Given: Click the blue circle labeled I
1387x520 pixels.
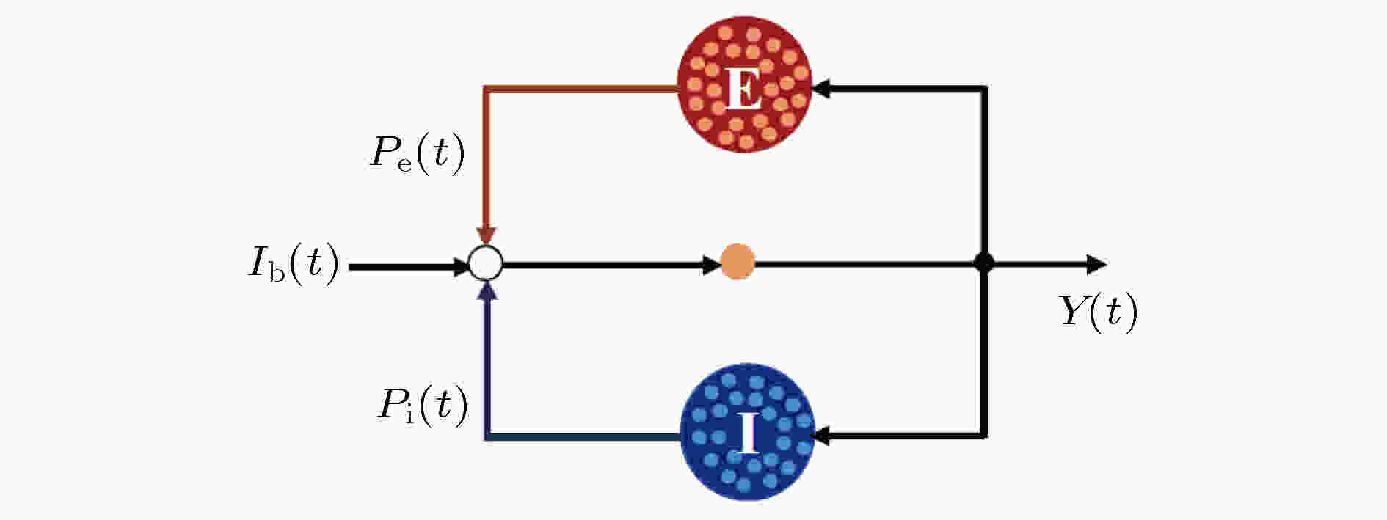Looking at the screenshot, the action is click(746, 432).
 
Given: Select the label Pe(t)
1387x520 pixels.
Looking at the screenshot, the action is click(417, 155).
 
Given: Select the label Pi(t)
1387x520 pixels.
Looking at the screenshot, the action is click(422, 406).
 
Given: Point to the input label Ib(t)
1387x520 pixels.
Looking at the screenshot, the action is click(293, 263).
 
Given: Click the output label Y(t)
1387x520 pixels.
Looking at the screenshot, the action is click(1098, 312).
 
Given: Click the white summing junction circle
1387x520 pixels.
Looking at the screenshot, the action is click(485, 264).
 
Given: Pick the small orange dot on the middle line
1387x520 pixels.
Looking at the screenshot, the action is click(738, 263).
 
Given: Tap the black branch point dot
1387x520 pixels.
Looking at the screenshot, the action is click(983, 263).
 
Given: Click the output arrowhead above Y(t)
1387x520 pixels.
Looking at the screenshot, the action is click(1096, 264).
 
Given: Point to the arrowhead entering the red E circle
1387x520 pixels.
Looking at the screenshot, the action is click(822, 89).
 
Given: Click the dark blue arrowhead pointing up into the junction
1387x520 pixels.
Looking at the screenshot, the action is click(487, 291).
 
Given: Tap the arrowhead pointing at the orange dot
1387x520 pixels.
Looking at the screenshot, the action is click(712, 264).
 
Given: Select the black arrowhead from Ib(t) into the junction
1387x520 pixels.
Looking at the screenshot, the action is click(459, 266).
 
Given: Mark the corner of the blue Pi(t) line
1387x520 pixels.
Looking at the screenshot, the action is click(487, 437).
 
